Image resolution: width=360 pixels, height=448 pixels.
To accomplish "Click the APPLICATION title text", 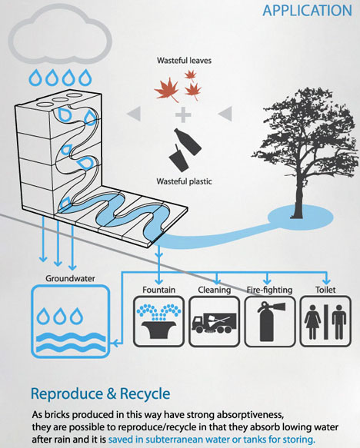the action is point(308,11).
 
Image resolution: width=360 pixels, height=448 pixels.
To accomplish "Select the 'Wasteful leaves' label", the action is point(184,61).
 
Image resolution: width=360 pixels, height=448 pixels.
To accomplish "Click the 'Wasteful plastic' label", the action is point(184,181).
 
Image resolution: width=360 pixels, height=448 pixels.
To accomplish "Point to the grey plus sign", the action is point(183,114).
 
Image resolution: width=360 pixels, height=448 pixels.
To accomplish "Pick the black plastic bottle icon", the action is point(188,141).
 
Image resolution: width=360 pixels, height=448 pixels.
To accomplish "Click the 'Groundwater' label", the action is point(70,278).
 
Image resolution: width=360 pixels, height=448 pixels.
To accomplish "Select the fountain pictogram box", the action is point(159,321).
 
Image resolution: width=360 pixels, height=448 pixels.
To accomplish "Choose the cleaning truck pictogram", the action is point(215,323).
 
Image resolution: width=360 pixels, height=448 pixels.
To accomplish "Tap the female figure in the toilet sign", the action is point(312,322).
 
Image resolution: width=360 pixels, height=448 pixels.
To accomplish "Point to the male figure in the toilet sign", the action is point(338,322).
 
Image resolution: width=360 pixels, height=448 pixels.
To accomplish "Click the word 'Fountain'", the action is point(159,290).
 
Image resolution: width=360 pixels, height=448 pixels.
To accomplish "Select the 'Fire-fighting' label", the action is point(270,290).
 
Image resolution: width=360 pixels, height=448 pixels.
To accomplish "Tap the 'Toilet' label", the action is point(325,290).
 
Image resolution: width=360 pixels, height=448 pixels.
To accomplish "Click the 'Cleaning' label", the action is point(215,290).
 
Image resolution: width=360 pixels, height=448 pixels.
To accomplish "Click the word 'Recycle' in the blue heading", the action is point(145,393).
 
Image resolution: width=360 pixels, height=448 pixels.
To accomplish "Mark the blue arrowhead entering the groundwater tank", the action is point(115,343).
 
